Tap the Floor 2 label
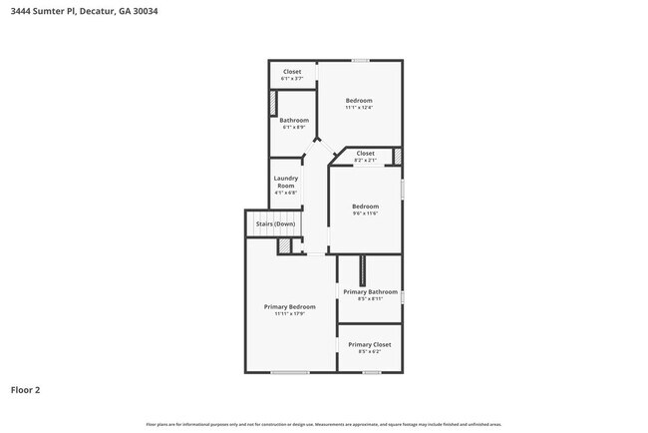[26, 390]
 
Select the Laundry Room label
[285, 183]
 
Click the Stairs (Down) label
[275, 223]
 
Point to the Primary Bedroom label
[289, 306]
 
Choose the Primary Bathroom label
[370, 291]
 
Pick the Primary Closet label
[369, 344]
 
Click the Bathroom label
[294, 121]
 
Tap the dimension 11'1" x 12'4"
[359, 108]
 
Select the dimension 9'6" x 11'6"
[365, 214]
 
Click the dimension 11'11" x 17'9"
[289, 313]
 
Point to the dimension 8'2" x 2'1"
[365, 160]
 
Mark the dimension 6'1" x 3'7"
[292, 79]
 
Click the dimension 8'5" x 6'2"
[369, 351]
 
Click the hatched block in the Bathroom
[273, 105]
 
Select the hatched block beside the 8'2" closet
[396, 156]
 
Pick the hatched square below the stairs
[284, 245]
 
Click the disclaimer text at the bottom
[323, 424]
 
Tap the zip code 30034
[143, 11]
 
